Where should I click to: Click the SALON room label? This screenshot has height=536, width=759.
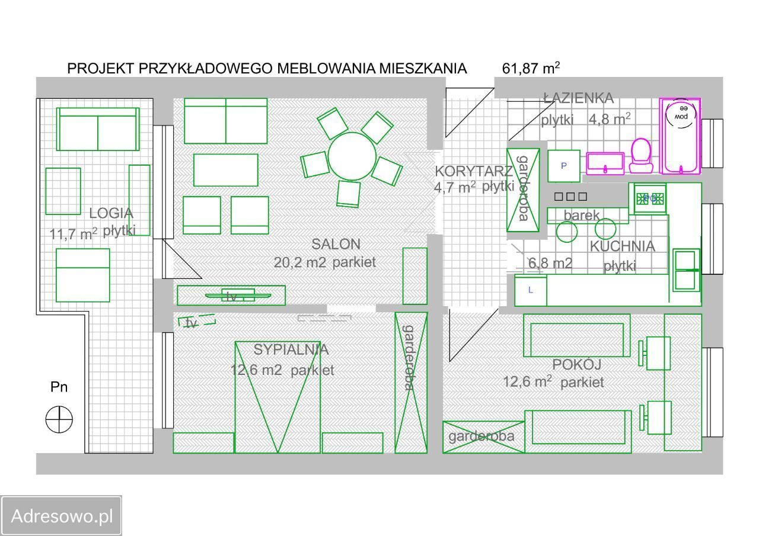coord(336,243)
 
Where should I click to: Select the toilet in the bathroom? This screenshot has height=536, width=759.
coord(640,155)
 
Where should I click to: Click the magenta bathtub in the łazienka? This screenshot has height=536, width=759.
coord(680,136)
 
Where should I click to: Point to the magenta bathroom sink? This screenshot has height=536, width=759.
coord(605,163)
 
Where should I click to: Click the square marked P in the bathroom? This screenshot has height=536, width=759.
coord(563,166)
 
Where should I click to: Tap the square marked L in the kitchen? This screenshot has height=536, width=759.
coord(530,290)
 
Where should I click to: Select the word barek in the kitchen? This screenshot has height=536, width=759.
coord(581,215)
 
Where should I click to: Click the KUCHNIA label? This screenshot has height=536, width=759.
coord(622,246)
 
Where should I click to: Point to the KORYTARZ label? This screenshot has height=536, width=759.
coord(474,172)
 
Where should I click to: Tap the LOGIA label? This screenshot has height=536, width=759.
coord(111,213)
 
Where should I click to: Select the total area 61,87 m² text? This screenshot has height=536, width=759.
coord(531,68)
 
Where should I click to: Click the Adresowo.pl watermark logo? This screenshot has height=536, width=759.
coord(62,516)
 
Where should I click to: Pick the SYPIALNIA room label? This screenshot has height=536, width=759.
coord(291,349)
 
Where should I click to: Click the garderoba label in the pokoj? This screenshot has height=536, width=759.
coord(481,437)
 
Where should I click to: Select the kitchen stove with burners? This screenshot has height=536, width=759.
coord(650,199)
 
